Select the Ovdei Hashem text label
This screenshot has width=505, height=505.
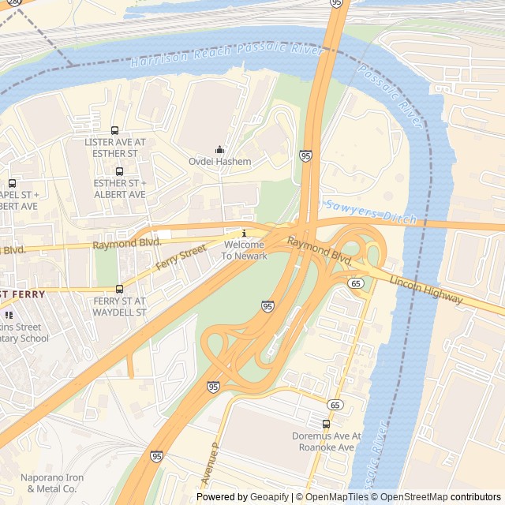click(219, 162)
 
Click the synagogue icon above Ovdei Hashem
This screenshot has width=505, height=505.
click(219, 150)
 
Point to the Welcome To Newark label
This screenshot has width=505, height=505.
click(244, 250)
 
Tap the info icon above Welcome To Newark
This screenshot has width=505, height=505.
click(244, 234)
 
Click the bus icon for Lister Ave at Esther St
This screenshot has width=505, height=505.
click(115, 131)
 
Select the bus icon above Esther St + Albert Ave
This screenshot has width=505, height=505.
click(119, 171)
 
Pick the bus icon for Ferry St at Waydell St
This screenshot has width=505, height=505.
click(119, 290)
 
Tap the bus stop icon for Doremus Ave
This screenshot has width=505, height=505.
click(326, 424)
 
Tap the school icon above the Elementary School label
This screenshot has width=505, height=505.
click(9, 315)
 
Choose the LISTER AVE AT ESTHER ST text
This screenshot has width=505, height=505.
click(115, 148)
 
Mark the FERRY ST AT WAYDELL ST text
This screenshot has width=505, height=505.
click(120, 306)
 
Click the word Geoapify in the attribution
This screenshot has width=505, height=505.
click(269, 497)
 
